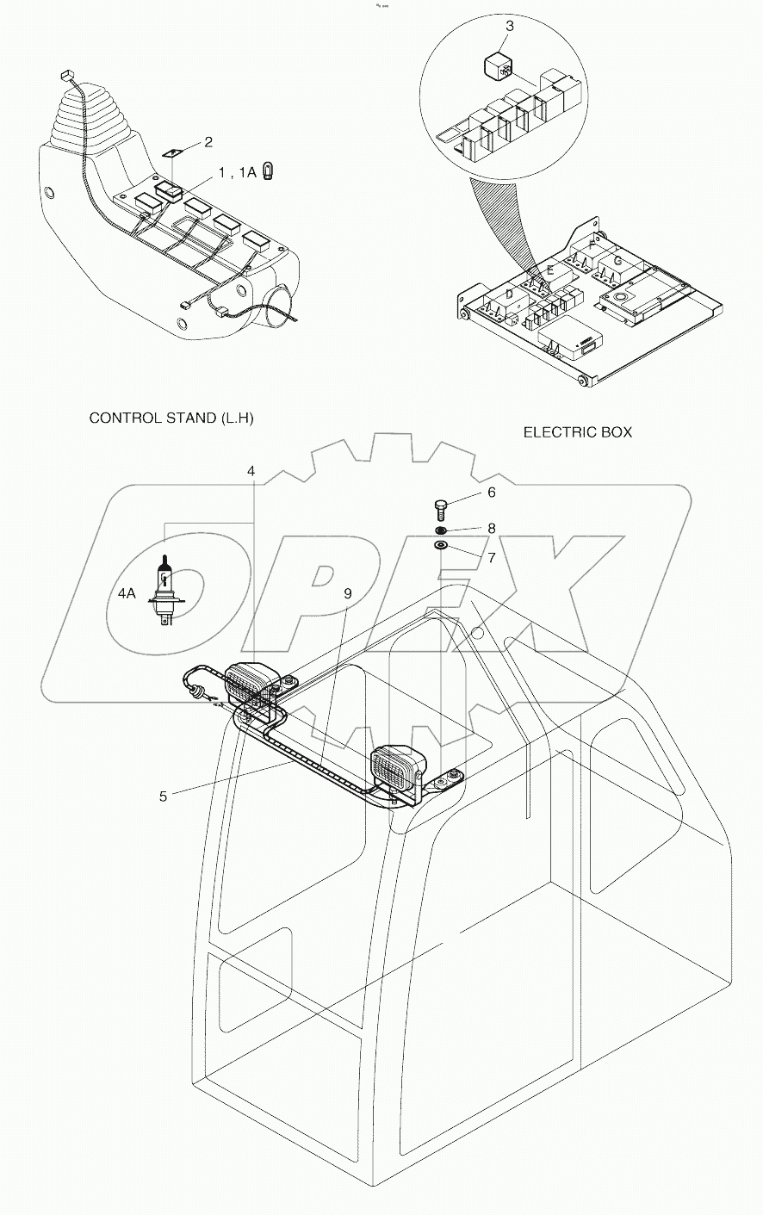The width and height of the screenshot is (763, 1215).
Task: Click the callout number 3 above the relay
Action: [509, 26]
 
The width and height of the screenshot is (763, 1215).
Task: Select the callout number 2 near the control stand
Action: [208, 141]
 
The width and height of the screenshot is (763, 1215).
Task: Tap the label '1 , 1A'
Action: [237, 172]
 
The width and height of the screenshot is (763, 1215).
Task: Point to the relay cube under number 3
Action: [497, 65]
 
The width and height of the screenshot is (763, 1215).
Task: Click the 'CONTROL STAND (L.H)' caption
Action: [171, 418]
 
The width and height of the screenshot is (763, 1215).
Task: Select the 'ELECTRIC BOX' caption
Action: [577, 431]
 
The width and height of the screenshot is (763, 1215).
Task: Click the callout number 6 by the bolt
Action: [492, 492]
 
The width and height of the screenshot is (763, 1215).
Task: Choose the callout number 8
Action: [492, 527]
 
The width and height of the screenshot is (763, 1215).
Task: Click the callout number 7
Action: [492, 557]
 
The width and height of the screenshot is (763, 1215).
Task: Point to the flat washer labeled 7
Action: [441, 545]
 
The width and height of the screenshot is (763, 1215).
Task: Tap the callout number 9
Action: [348, 593]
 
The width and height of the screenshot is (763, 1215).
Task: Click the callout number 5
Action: [163, 796]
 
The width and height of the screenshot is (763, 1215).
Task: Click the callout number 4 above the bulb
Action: [251, 471]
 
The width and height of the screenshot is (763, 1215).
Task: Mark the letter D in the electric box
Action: [509, 295]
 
